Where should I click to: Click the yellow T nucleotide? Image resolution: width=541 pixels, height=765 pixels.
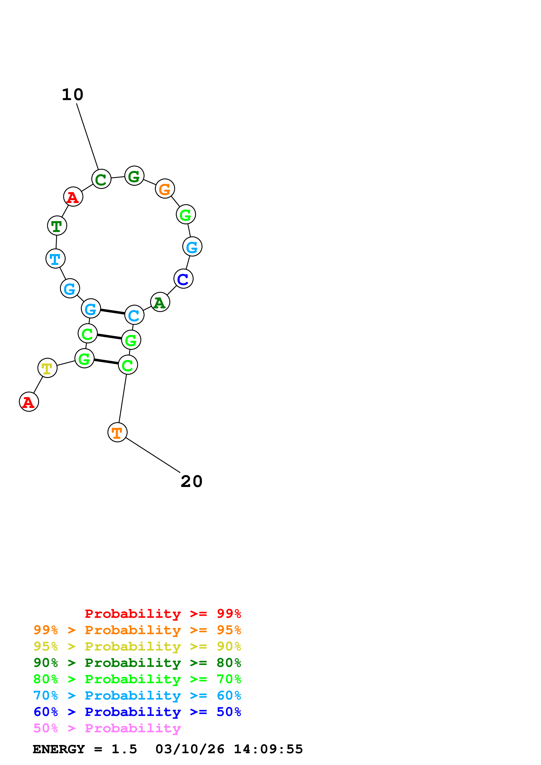tap(47, 368)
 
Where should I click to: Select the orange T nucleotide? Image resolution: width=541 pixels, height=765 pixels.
tap(117, 432)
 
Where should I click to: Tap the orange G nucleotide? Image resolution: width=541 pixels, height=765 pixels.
tap(165, 189)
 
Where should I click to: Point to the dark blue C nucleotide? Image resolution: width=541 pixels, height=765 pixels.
tap(183, 279)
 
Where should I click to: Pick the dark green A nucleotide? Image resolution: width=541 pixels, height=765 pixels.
tap(160, 302)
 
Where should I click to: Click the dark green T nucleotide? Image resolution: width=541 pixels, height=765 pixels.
tap(57, 226)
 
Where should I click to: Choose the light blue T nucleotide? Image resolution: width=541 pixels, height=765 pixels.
tap(55, 259)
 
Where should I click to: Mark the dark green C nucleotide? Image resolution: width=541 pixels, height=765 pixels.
tap(101, 179)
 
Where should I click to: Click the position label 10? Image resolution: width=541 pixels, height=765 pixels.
tap(73, 95)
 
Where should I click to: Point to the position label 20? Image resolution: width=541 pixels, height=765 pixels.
tap(192, 482)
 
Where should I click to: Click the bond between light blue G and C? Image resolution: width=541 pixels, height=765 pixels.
tap(112, 312)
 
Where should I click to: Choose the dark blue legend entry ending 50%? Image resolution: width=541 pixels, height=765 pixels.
tap(137, 712)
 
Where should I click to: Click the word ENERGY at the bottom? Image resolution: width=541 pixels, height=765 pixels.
tap(59, 749)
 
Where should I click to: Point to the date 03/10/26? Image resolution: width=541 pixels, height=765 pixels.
tap(190, 749)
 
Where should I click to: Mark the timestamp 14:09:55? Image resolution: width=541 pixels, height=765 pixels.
tap(268, 749)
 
